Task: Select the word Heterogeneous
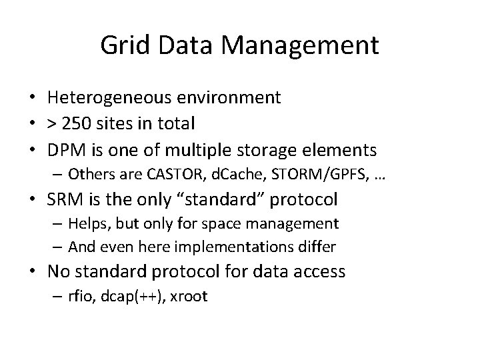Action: click(111, 98)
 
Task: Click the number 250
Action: click(79, 124)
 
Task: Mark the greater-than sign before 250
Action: click(53, 125)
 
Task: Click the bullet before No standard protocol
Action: click(35, 271)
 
